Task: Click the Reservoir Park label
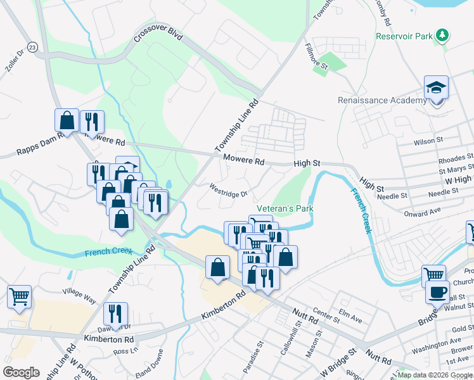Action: (x=404, y=37)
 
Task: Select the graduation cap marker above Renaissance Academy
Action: (x=436, y=87)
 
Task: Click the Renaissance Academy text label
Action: (x=382, y=101)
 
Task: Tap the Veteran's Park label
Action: (x=285, y=209)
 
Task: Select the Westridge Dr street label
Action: (x=228, y=189)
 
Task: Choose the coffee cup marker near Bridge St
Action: (x=437, y=292)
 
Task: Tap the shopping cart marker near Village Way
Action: (x=19, y=296)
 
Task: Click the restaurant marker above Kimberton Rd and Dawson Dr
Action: (x=115, y=313)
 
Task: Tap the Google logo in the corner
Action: (x=22, y=372)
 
